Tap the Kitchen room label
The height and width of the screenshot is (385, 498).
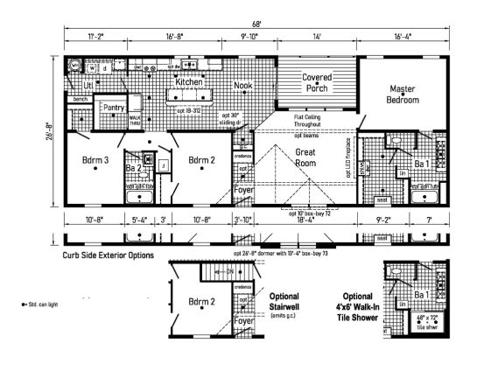click(189, 81)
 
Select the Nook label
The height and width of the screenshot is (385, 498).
click(242, 86)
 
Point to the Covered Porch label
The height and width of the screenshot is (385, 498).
click(317, 82)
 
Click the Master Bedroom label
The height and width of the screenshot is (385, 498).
click(403, 94)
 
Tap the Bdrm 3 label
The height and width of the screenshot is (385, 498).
click(95, 160)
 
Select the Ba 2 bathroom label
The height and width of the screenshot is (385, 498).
click(134, 166)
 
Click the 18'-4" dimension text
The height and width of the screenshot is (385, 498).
click(305, 220)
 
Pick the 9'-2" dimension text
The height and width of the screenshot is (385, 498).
click(383, 220)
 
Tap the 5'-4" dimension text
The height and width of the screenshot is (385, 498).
click(139, 220)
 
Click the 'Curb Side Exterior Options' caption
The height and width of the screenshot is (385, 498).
click(108, 255)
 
